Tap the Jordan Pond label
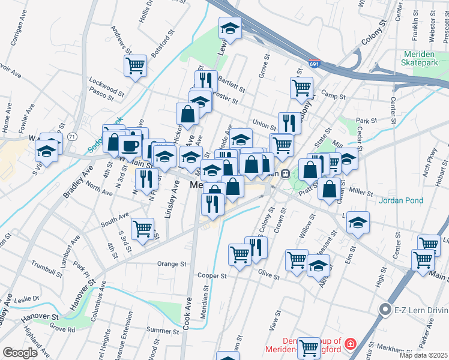[x=401, y=201]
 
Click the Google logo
[x=20, y=353]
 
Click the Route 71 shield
[x=71, y=137]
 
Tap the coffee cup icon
[x=130, y=145]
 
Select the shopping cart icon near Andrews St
[x=136, y=65]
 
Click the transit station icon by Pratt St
[x=285, y=173]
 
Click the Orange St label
[x=172, y=263]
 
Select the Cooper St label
[x=212, y=276]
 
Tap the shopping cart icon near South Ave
[x=143, y=229]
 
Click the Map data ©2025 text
[x=424, y=355]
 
